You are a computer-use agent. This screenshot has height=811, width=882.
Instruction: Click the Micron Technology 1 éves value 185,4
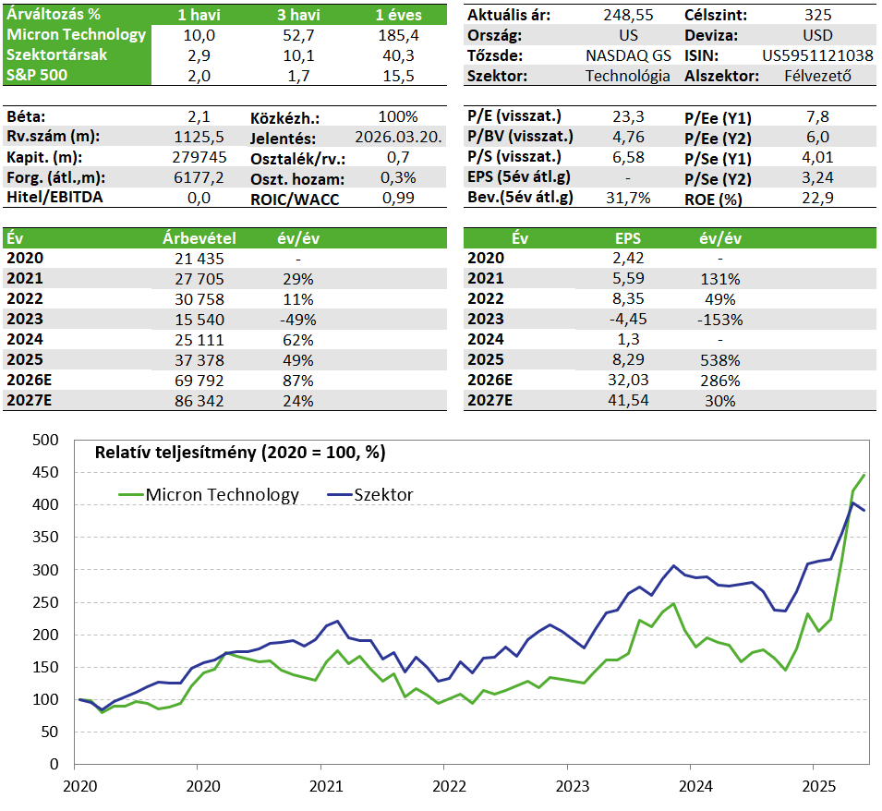coord(398,35)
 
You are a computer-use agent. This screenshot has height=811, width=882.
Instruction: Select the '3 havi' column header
coord(298,15)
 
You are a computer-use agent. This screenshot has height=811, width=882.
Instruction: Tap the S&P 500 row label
coord(37,75)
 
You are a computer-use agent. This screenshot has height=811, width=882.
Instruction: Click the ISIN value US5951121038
coord(817,55)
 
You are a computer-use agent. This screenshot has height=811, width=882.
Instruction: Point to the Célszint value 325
coord(817,15)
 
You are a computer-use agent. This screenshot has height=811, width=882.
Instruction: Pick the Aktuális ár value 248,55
coord(628,15)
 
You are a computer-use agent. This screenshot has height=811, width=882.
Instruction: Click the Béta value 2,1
coord(199,117)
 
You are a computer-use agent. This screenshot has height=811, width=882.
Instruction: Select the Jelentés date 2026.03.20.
coord(398,138)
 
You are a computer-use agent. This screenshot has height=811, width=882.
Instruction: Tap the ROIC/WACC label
coord(295,200)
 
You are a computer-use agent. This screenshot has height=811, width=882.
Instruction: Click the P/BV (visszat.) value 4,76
coord(628,138)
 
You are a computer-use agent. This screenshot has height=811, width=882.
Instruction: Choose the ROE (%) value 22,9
coord(817,198)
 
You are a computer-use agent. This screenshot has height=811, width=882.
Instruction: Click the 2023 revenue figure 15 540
coord(199,320)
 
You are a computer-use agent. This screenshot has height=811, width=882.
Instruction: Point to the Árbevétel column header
coord(199,238)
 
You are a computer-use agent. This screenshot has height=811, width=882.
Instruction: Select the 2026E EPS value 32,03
coord(628,381)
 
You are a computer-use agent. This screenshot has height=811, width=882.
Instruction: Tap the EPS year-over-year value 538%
coord(720,360)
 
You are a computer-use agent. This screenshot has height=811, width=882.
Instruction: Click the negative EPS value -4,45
coord(628,320)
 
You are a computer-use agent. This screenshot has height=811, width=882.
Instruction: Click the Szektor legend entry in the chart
coord(370,495)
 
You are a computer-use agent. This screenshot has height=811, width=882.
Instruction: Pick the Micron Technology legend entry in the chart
coord(209,495)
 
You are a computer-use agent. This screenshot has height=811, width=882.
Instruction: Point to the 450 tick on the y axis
coord(45,472)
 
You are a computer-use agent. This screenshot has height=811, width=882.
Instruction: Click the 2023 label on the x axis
coord(572,786)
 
